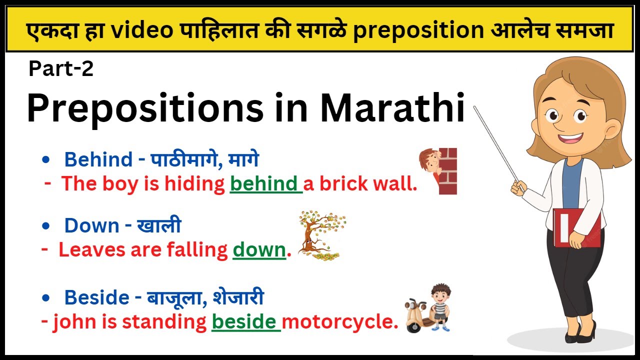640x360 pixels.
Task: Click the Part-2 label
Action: [61, 69]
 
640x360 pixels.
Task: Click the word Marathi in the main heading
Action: [393, 108]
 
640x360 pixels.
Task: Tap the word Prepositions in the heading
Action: [144, 109]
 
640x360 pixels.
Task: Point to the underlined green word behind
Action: [264, 184]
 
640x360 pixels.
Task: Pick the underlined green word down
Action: [259, 249]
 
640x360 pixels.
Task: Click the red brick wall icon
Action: [447, 171]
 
